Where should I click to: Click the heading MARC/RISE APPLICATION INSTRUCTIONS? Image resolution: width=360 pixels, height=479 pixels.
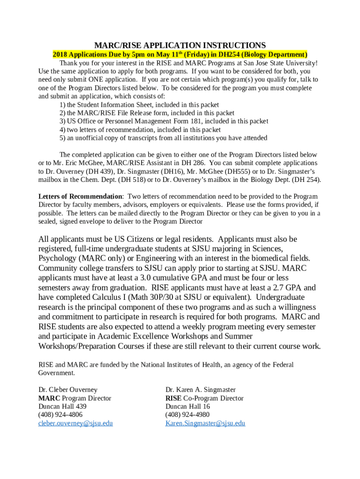pos(180,45)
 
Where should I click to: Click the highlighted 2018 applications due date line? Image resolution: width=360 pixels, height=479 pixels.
pos(180,54)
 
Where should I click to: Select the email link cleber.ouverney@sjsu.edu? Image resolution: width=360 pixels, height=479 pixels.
pos(75,423)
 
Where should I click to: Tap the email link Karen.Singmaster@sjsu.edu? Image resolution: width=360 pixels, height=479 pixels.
pos(205,423)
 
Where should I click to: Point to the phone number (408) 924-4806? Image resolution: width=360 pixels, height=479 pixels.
pos(60,415)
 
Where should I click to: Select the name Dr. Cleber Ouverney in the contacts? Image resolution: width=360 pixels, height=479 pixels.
pos(68,390)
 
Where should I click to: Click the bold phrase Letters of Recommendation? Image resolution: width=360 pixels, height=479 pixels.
pos(80,196)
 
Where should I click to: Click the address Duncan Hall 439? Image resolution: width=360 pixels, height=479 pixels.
pos(62,406)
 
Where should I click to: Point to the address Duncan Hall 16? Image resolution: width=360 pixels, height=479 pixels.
pos(187,406)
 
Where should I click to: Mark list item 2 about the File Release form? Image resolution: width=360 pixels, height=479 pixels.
pos(147,113)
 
